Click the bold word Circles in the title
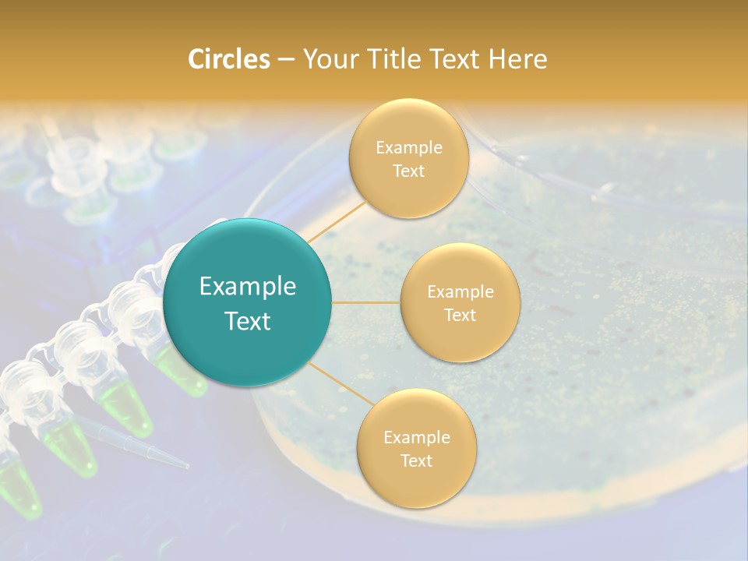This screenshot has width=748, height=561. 228,59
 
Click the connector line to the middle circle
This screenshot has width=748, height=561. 366,302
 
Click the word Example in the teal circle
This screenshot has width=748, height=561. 248,287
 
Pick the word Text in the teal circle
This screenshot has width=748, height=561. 248,321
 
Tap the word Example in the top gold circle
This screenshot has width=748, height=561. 408,148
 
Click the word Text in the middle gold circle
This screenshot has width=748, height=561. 460,315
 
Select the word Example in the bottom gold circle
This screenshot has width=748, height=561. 416,438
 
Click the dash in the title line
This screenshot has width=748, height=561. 286,60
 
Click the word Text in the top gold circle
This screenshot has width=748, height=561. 408,171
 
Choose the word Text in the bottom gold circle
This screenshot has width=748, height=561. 416,461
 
